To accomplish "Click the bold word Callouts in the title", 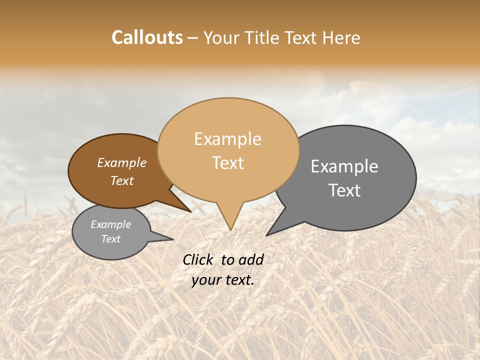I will click(147, 37).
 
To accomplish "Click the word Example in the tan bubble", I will click(227, 139).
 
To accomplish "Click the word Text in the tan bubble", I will click(227, 163).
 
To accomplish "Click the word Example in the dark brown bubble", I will click(121, 162).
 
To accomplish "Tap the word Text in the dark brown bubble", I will click(121, 180).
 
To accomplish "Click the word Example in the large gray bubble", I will click(344, 166).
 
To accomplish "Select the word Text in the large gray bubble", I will click(344, 190).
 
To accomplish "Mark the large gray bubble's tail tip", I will click(266, 235).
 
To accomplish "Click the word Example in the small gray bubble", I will click(110, 224).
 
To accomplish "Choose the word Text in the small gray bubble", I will click(110, 239).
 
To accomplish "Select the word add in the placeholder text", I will click(251, 259).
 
